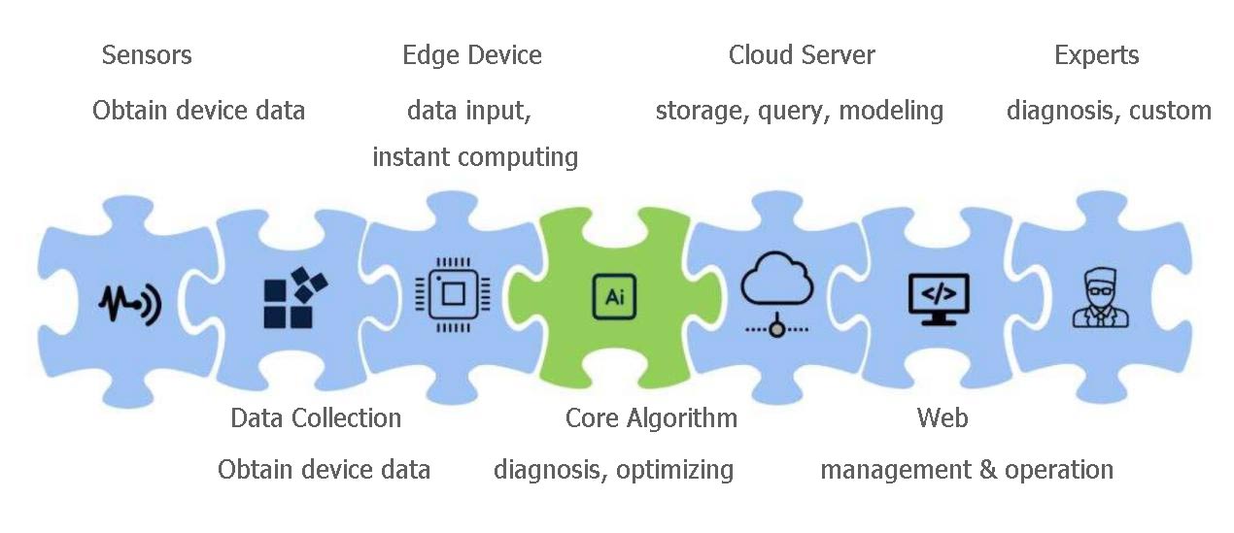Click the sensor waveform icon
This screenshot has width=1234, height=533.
click(x=130, y=303)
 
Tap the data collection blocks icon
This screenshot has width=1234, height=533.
click(x=295, y=298)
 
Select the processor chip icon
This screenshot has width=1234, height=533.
click(x=453, y=294)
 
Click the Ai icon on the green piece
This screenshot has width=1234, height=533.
click(x=614, y=297)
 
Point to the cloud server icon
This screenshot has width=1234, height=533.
click(x=776, y=294)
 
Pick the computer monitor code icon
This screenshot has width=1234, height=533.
click(x=939, y=299)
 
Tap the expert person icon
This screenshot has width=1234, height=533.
click(x=1100, y=298)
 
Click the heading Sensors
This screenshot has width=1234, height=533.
click(x=147, y=55)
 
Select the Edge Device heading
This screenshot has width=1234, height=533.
click(x=472, y=55)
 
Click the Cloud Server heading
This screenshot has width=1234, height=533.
click(x=802, y=55)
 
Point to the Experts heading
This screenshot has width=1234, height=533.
click(x=1096, y=56)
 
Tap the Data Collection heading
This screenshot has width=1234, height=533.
click(x=316, y=417)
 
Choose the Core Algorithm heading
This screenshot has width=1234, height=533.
click(x=651, y=418)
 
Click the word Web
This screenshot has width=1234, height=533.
click(x=943, y=417)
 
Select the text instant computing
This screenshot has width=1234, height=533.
click(x=475, y=157)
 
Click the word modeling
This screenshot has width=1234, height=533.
click(x=891, y=112)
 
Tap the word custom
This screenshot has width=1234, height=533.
click(x=1170, y=111)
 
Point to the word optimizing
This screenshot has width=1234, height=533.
click(x=674, y=471)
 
